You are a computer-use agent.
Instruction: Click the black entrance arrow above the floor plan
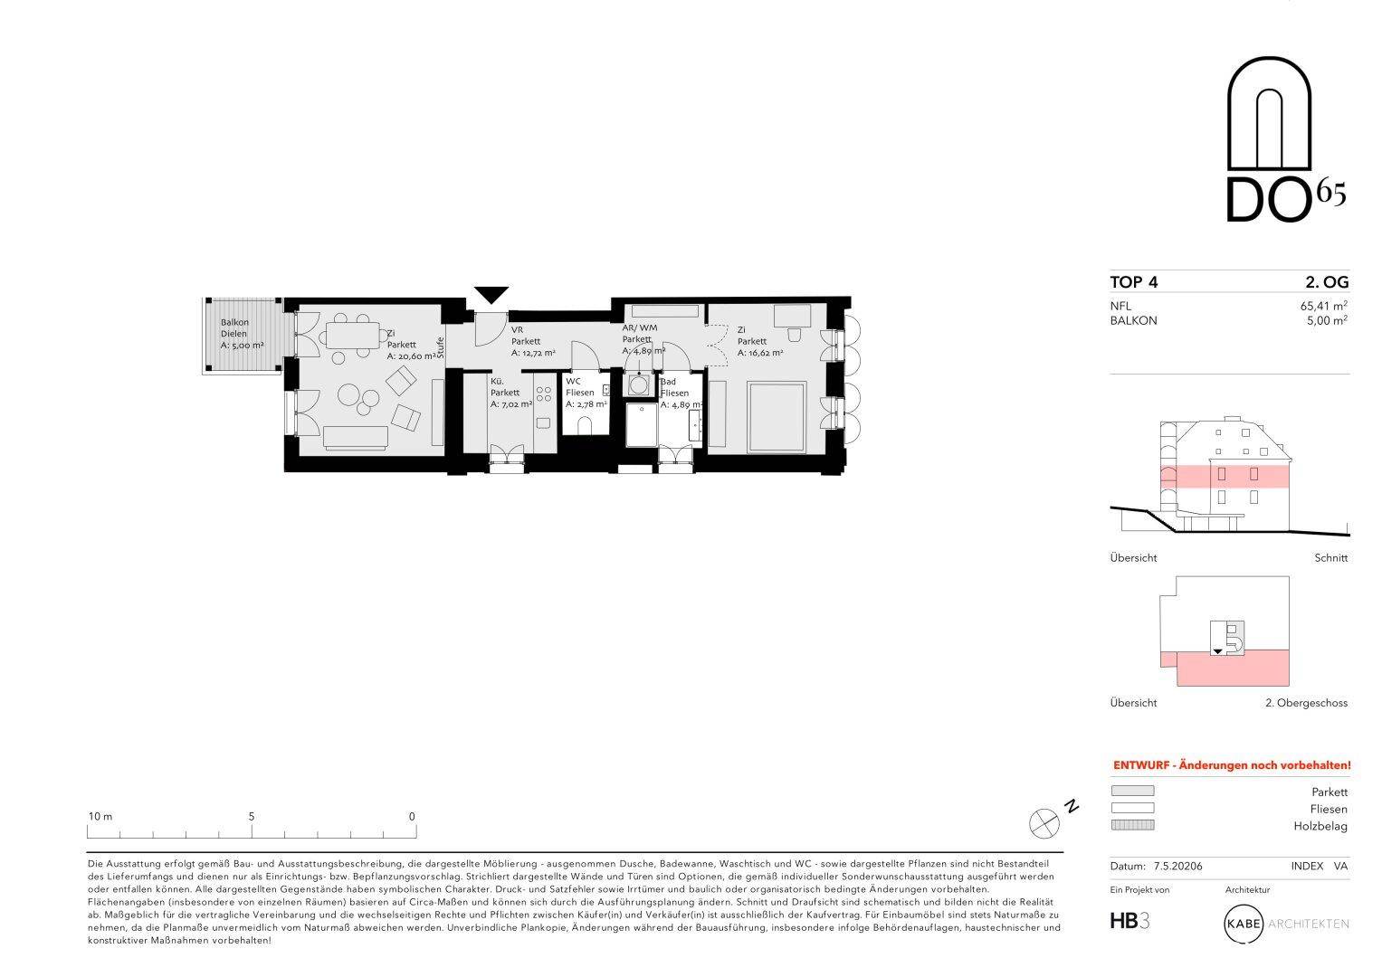[491, 294]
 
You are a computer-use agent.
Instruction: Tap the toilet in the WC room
[585, 425]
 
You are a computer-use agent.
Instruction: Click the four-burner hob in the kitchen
[544, 394]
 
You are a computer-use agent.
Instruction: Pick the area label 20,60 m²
[412, 356]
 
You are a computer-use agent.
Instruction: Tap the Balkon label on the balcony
[235, 322]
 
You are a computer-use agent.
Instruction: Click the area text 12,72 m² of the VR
[533, 353]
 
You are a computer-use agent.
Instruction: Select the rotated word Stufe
[441, 348]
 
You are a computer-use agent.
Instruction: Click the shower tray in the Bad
[642, 424]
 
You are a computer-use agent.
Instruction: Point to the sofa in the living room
[356, 437]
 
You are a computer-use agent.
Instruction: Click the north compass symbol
[1044, 823]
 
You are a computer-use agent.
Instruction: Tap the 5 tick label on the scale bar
[252, 816]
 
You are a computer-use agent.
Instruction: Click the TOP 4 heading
[1134, 282]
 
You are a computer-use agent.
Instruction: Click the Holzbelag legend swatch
[1132, 825]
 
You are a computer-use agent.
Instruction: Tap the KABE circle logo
[1244, 924]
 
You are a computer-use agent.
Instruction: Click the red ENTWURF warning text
[1232, 765]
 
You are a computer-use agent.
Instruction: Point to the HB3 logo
[1129, 921]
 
